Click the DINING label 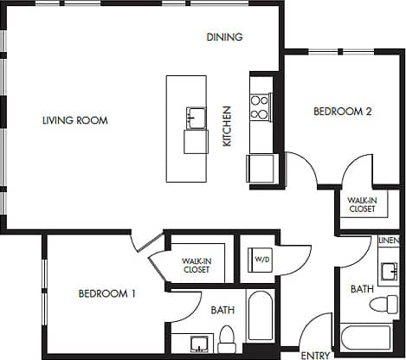[224, 37]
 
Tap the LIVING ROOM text [74, 120]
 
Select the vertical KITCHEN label [228, 125]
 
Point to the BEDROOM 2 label [342, 112]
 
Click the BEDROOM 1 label [107, 293]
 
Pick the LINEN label [390, 240]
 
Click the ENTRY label [314, 355]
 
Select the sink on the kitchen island [195, 117]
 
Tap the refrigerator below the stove [260, 169]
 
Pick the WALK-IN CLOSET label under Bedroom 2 [362, 203]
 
